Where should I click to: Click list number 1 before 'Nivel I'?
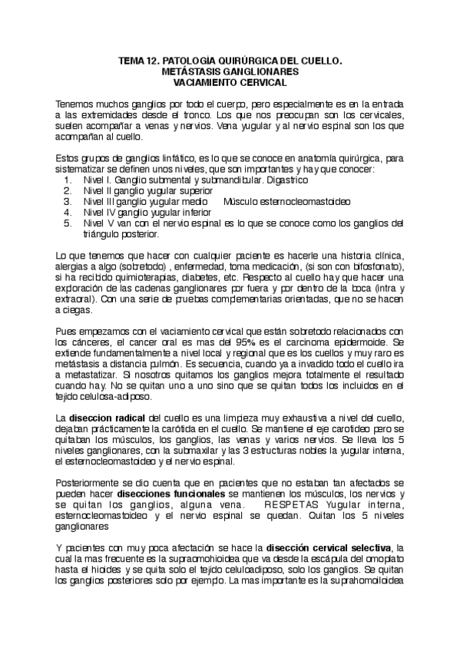point(68,180)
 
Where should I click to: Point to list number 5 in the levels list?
point(68,223)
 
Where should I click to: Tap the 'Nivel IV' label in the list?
point(97,212)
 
